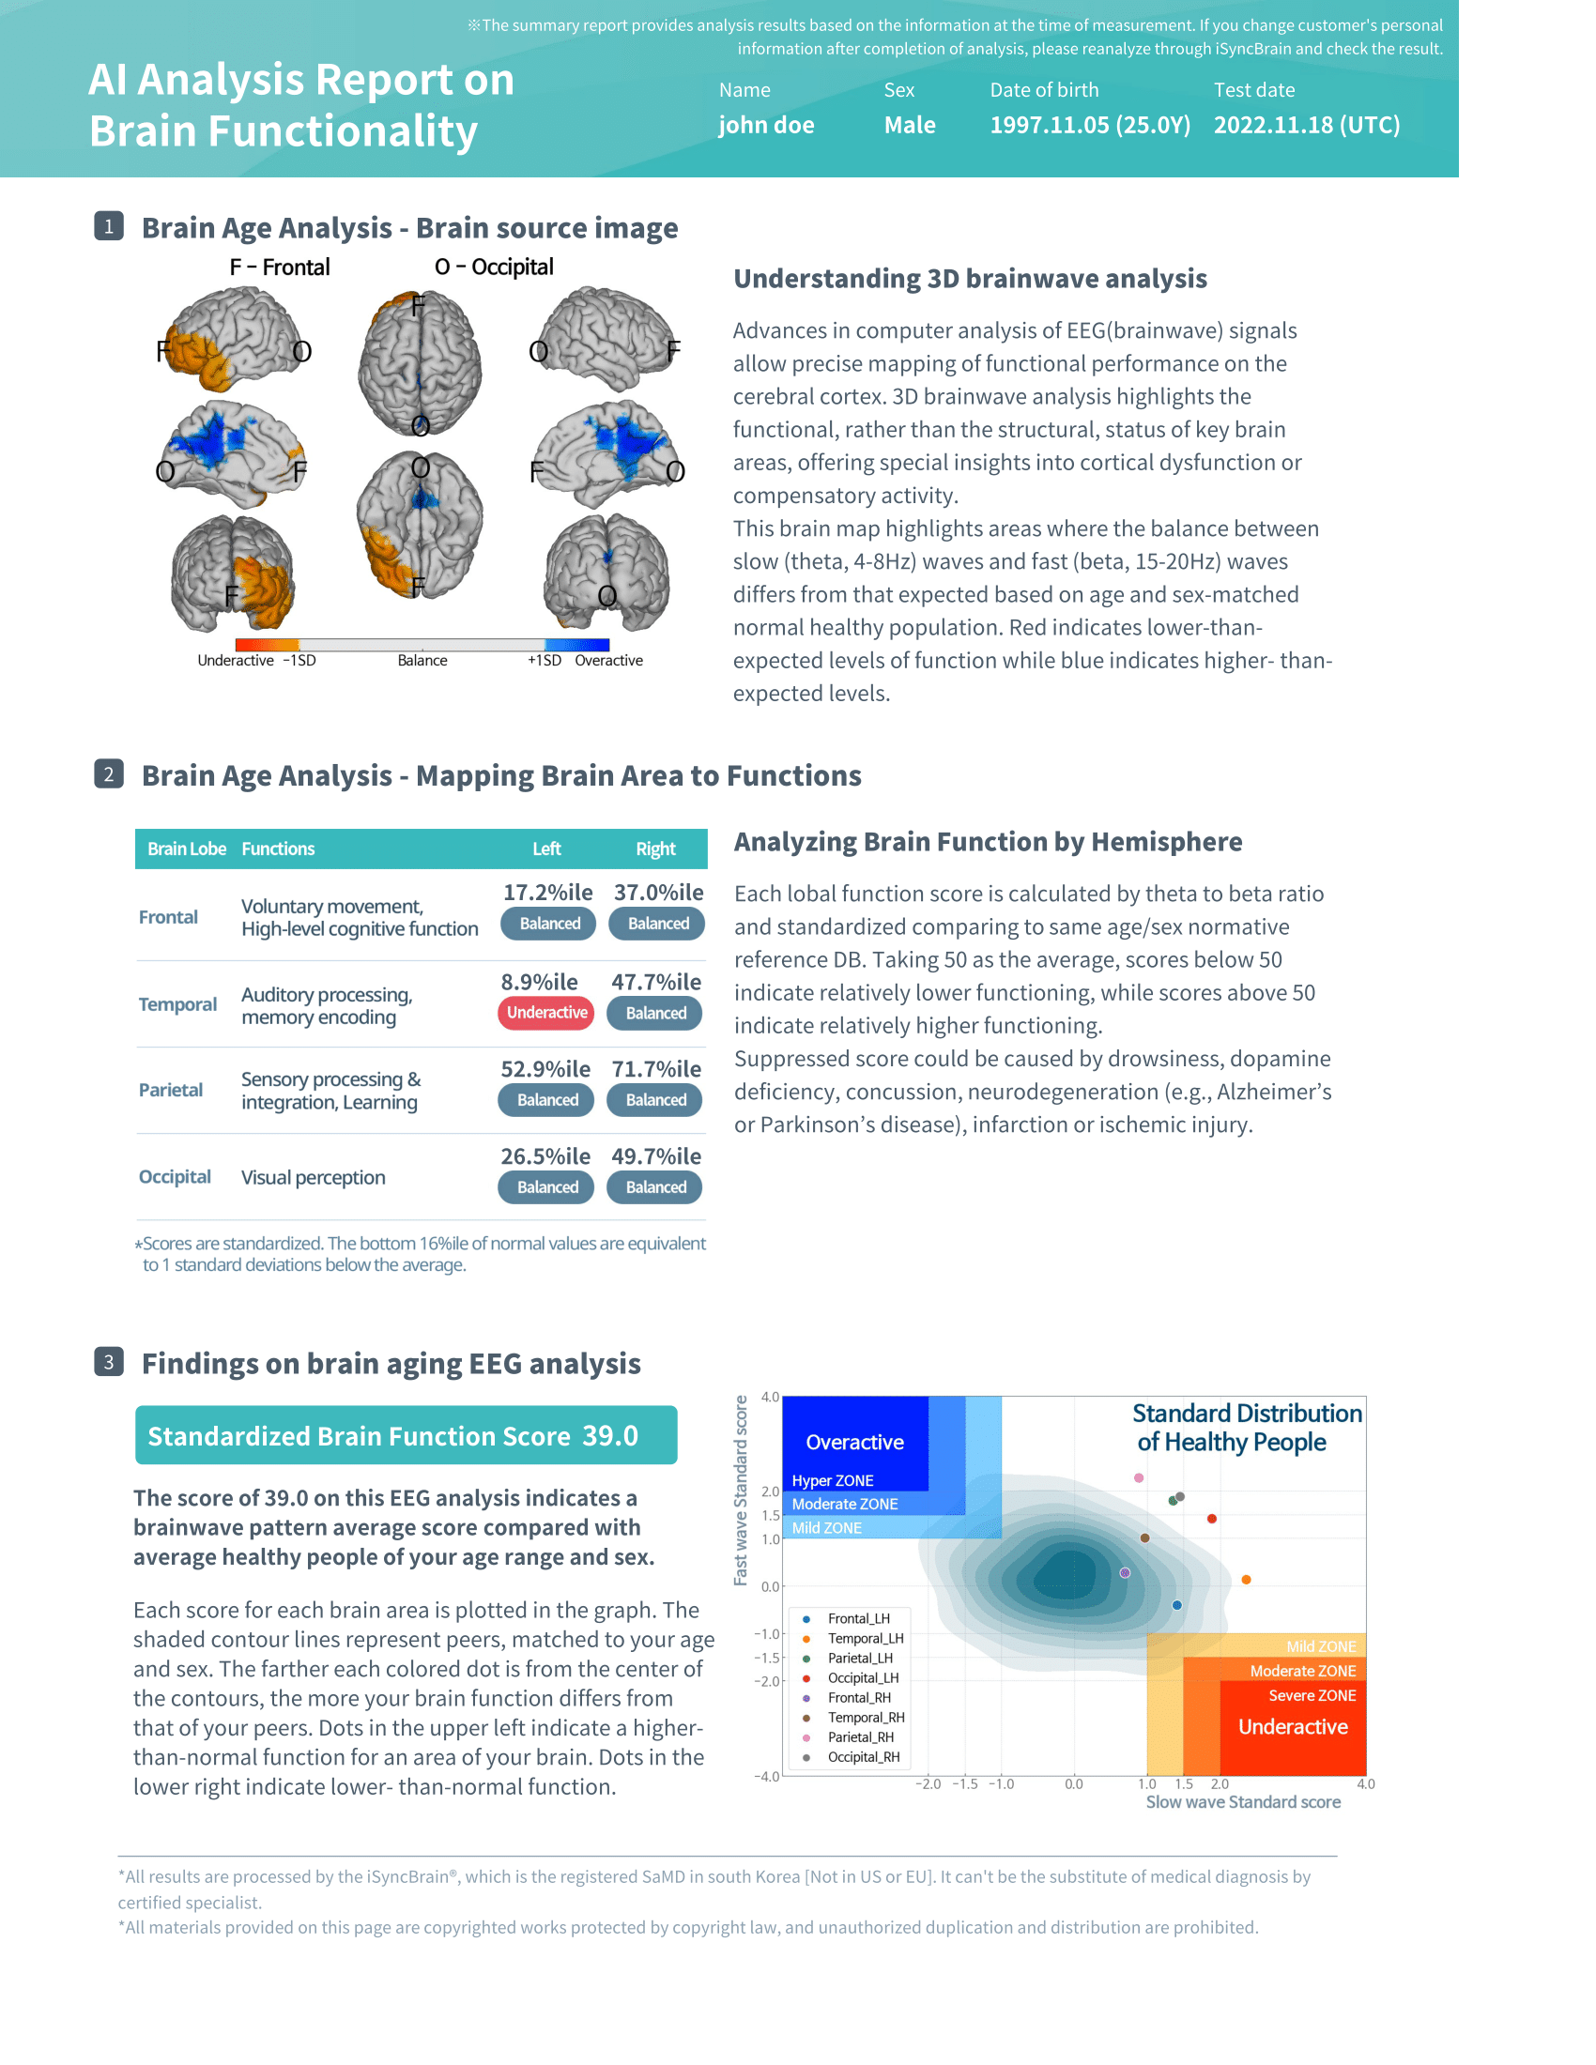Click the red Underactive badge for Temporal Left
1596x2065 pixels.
click(546, 1013)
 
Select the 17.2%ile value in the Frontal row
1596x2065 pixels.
click(547, 893)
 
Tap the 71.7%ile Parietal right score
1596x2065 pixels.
click(656, 1069)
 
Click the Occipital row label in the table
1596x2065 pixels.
click(175, 1177)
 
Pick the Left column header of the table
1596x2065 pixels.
click(546, 849)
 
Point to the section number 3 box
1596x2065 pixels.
click(109, 1363)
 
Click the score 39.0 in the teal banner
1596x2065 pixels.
click(610, 1436)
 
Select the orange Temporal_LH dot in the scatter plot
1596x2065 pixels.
click(1246, 1580)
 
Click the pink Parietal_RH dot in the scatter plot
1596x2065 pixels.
click(1140, 1477)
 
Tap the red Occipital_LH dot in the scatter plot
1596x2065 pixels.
click(1212, 1520)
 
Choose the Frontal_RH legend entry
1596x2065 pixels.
click(858, 1698)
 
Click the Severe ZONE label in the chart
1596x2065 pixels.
click(1312, 1695)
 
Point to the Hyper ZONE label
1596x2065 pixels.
click(832, 1480)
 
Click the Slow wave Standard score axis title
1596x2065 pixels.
click(1242, 1802)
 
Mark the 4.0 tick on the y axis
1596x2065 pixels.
click(770, 1398)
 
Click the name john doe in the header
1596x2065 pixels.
click(766, 126)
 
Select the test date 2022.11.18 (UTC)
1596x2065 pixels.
click(1307, 126)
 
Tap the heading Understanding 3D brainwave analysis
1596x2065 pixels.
click(970, 279)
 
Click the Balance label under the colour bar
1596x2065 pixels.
click(422, 661)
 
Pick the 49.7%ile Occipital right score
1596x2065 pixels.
click(656, 1156)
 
